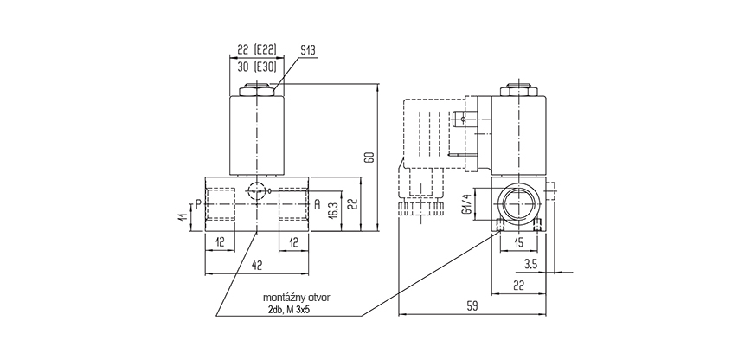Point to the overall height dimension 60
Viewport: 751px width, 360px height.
(369, 157)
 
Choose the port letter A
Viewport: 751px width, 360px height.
(318, 204)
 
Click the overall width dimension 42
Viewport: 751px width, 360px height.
(258, 266)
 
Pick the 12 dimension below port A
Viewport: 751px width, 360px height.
(295, 243)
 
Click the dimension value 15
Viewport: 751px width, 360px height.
(519, 243)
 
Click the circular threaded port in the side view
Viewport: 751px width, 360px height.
(519, 204)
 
